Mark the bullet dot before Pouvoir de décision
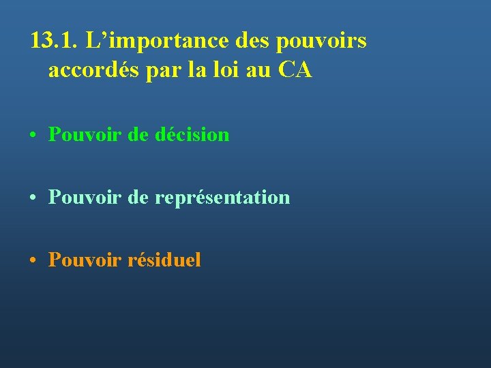pyautogui.click(x=33, y=135)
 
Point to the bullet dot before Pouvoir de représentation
pyautogui.click(x=33, y=198)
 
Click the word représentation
pyautogui.click(x=222, y=198)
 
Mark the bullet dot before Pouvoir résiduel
pyautogui.click(x=33, y=260)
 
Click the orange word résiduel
pyautogui.click(x=164, y=260)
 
